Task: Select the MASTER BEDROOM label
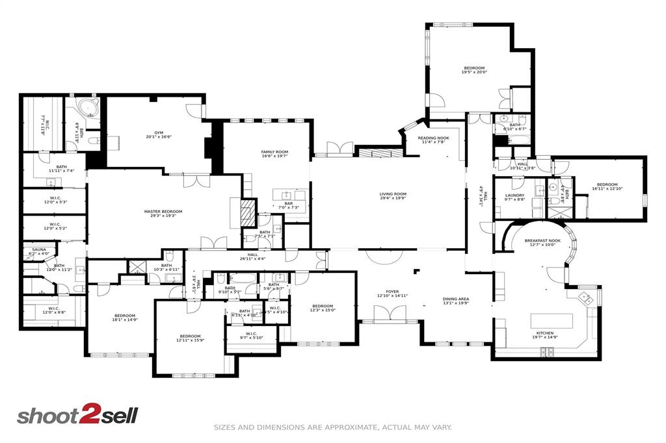tap(163, 211)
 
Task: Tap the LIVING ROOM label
tap(393, 194)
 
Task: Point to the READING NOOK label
tap(433, 138)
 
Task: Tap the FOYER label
tap(392, 292)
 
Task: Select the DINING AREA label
tap(456, 299)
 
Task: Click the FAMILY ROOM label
tap(274, 151)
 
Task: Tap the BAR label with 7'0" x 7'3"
tap(289, 203)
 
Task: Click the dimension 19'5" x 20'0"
tap(474, 72)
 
